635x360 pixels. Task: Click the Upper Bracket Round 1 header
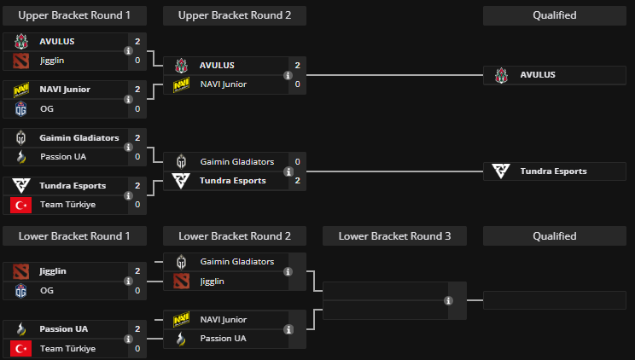click(74, 15)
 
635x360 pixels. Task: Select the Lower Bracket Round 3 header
click(394, 236)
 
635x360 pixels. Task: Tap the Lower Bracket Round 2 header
click(235, 236)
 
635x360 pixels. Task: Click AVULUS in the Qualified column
click(538, 75)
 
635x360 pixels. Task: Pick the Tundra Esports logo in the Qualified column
click(502, 171)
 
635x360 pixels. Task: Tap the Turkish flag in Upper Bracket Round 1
click(21, 205)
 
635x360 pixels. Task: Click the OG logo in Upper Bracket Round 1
click(21, 108)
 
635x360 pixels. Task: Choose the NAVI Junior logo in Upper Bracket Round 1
click(21, 90)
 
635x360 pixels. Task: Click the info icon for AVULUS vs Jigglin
click(128, 50)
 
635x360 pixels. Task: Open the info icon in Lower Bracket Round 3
click(448, 300)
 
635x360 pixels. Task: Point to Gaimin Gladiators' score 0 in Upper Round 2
click(297, 161)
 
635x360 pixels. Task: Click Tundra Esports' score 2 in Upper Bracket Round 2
click(297, 181)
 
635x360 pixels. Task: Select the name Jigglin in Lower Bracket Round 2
click(213, 281)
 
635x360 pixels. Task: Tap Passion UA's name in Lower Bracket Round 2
click(223, 339)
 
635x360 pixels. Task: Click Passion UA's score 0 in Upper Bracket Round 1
click(137, 157)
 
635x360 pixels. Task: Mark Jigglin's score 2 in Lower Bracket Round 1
click(137, 271)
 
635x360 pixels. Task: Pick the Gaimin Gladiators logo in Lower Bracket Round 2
click(181, 262)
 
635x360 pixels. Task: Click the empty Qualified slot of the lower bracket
click(554, 300)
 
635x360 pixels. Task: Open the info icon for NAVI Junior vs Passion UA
click(288, 329)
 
